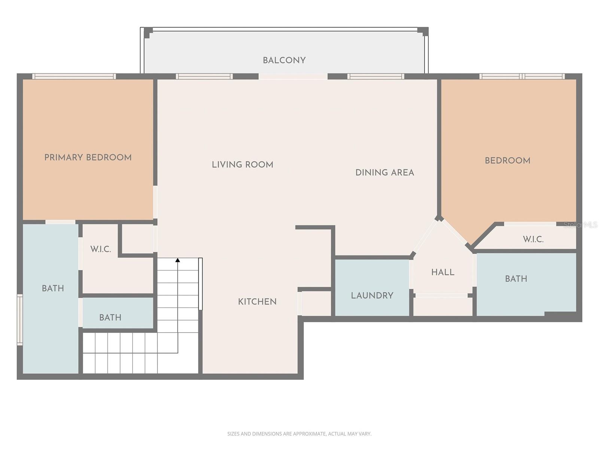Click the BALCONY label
[x=284, y=60]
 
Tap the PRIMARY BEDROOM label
[x=88, y=158]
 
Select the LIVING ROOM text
[x=243, y=165]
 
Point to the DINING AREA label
[x=384, y=172]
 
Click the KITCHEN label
[x=257, y=302]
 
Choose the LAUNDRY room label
[x=372, y=296]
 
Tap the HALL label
[x=443, y=272]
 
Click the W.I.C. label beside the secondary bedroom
[x=533, y=239]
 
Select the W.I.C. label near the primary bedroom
[x=101, y=249]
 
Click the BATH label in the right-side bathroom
[x=516, y=279]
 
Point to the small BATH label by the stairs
[x=110, y=318]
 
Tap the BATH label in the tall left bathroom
[x=53, y=288]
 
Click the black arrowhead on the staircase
[x=178, y=260]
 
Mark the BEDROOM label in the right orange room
[x=507, y=161]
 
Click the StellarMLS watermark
[x=581, y=225]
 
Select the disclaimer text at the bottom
[x=299, y=434]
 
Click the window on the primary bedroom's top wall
[x=74, y=76]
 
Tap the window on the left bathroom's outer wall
[x=20, y=319]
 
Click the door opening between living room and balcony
[x=293, y=76]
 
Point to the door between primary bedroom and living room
[x=155, y=202]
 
